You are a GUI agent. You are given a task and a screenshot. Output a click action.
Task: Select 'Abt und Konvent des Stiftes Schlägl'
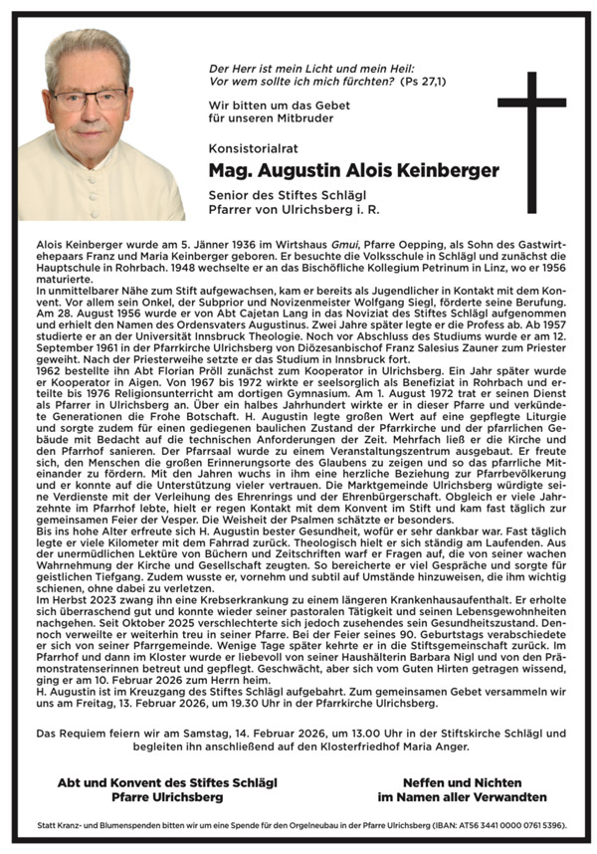pos(166,783)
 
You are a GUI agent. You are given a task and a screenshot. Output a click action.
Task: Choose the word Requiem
pos(87,734)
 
